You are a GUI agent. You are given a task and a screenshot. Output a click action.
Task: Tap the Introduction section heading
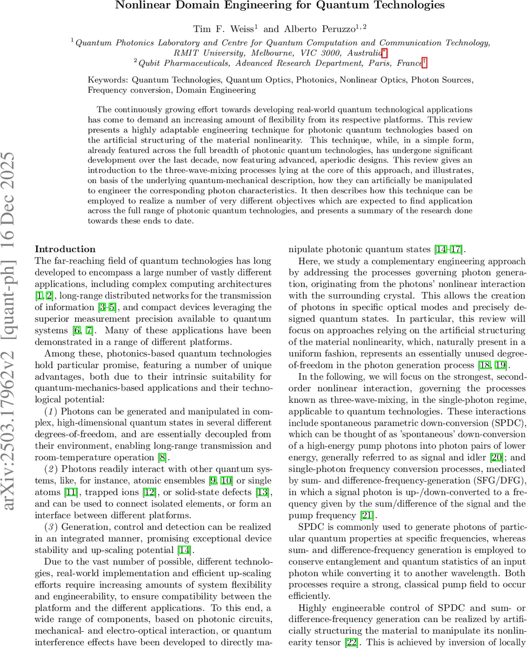pyautogui.click(x=65, y=249)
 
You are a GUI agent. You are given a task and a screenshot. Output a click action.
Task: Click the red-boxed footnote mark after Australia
pyautogui.click(x=384, y=52)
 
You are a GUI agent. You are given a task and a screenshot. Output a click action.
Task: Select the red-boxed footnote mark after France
pyautogui.click(x=424, y=63)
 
